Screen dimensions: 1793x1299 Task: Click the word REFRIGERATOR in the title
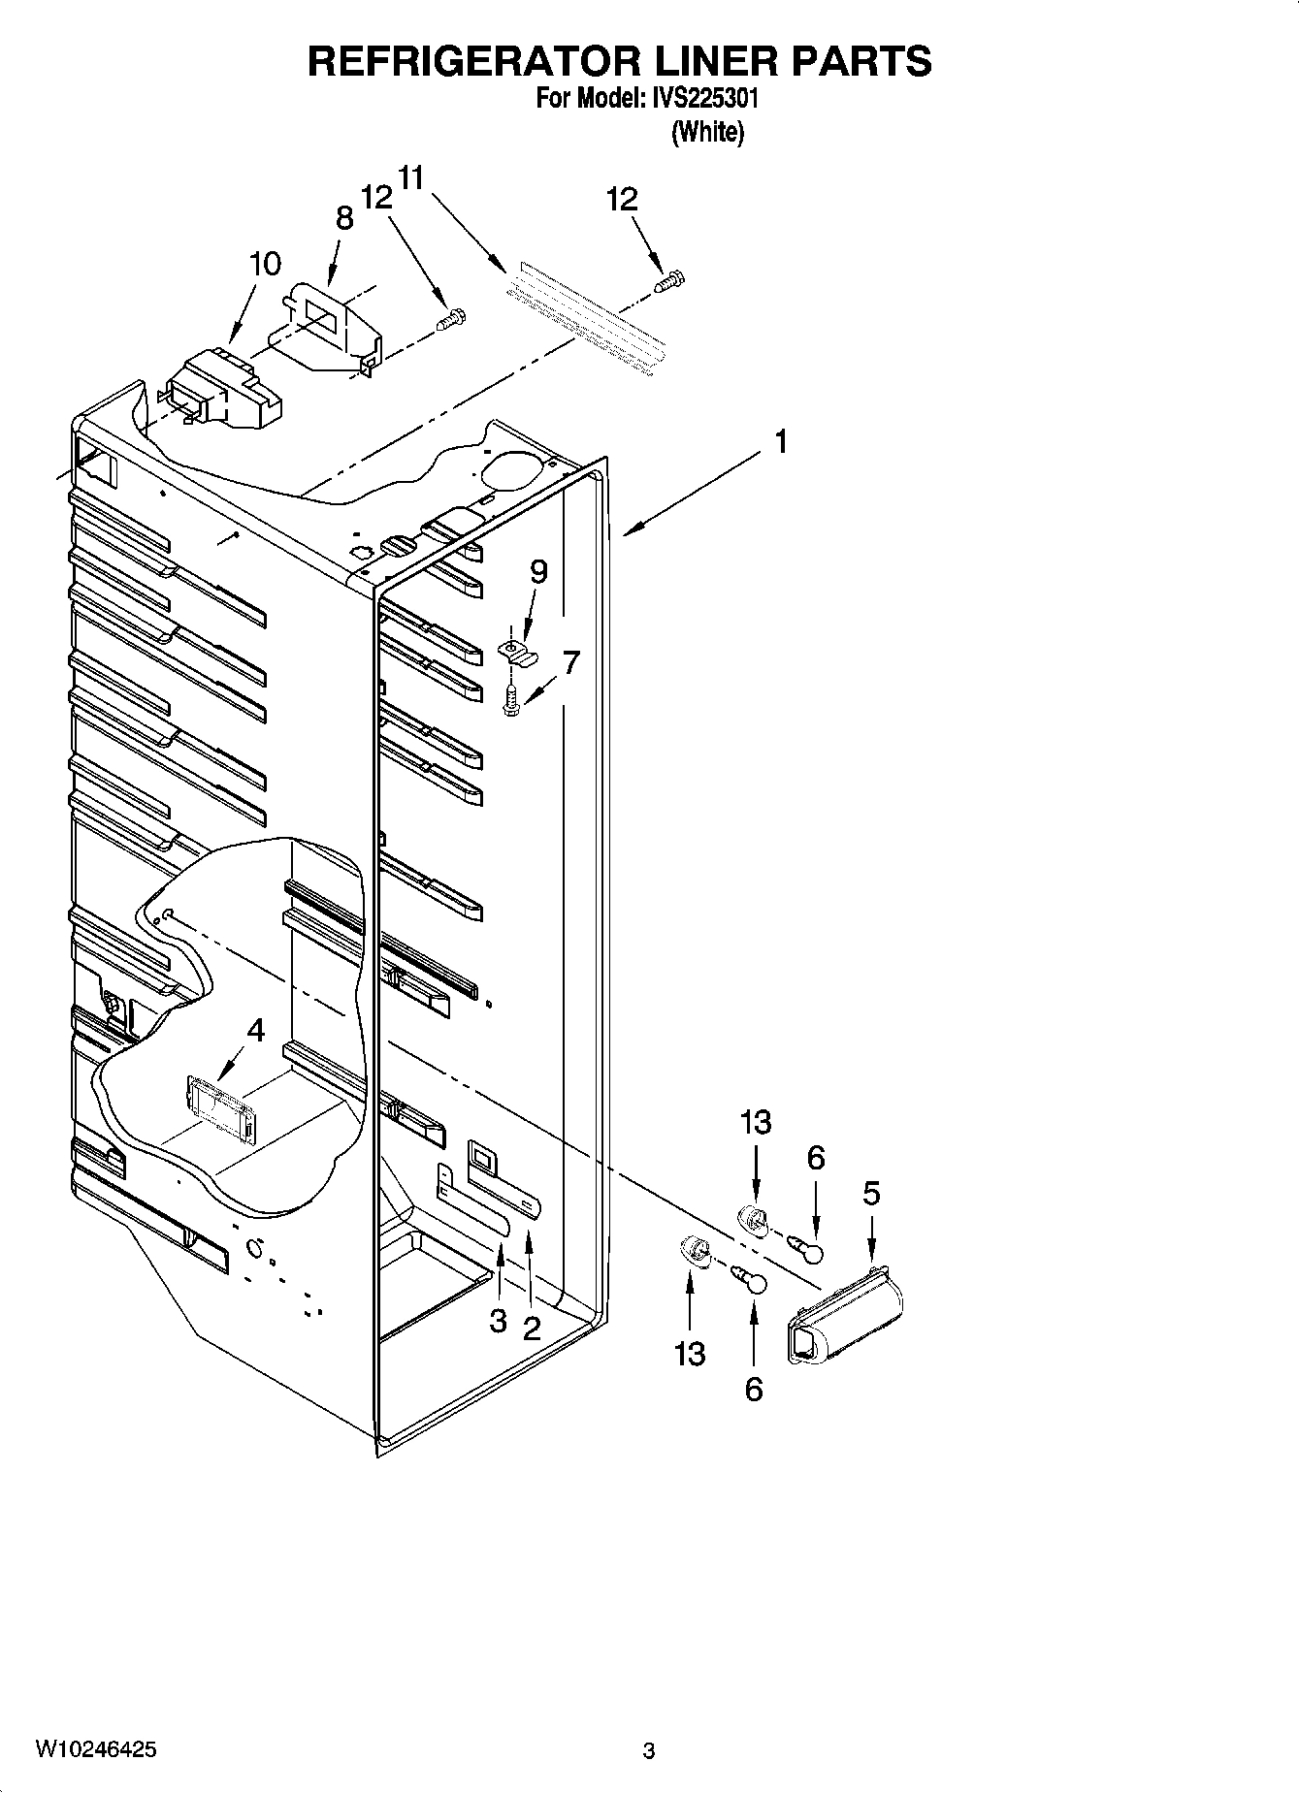tap(473, 61)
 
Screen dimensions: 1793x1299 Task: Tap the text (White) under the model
tap(707, 133)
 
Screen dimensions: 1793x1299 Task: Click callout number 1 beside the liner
tap(780, 442)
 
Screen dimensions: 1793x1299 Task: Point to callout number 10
tap(264, 264)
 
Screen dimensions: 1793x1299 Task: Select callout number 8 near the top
tap(344, 219)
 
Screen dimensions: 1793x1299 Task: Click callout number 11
tap(411, 178)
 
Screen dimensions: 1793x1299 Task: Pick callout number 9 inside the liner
tap(537, 572)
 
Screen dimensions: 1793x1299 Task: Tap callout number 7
tap(570, 662)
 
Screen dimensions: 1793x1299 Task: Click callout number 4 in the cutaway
tap(255, 1030)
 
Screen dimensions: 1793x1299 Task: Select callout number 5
tap(871, 1193)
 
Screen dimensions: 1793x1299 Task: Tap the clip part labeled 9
tap(517, 652)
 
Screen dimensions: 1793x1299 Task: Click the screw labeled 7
tap(511, 701)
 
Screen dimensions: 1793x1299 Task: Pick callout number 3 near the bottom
tap(498, 1321)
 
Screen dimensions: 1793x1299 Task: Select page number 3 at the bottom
tap(649, 1751)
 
